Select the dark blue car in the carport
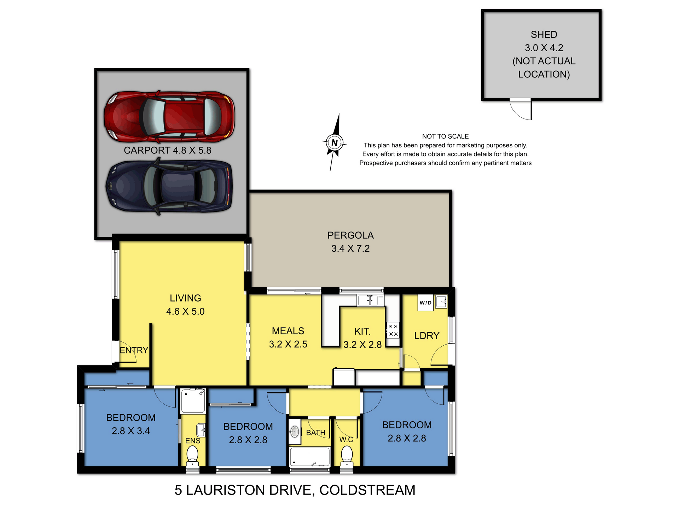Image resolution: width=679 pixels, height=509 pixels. (169, 186)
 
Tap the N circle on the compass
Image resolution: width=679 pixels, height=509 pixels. (334, 143)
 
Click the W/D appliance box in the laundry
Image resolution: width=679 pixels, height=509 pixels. (425, 303)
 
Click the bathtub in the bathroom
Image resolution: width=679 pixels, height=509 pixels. (310, 457)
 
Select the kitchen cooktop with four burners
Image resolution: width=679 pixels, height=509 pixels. (393, 330)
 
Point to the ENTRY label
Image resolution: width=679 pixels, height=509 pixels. (134, 350)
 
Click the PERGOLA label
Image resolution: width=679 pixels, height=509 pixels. (350, 235)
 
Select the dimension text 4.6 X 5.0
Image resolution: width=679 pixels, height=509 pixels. (185, 311)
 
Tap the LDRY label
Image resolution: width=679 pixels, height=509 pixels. (427, 336)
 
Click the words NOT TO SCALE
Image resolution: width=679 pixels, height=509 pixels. (445, 136)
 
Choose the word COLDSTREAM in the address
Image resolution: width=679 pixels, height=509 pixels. (367, 490)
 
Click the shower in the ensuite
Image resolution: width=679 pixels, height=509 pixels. (193, 401)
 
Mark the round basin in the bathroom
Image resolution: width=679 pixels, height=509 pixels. (294, 432)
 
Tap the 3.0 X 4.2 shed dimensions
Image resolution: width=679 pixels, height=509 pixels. (544, 48)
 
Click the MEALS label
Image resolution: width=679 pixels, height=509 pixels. (288, 331)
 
